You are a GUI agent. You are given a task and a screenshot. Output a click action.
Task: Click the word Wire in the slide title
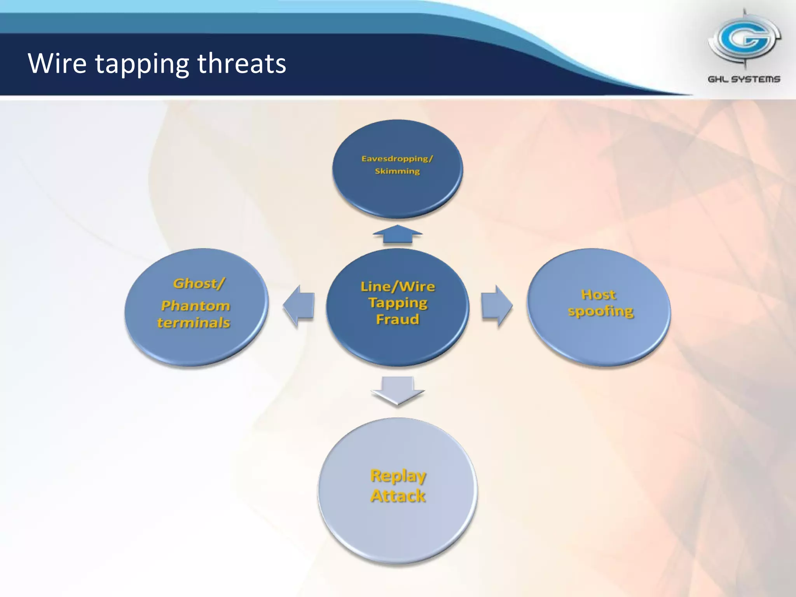[57, 63]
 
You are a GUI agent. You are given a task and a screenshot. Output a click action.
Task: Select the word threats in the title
[242, 63]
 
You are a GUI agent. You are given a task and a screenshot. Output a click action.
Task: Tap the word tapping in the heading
[142, 65]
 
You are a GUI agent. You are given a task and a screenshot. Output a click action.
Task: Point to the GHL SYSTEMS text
[744, 79]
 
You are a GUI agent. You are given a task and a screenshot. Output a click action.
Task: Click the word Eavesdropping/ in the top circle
[397, 159]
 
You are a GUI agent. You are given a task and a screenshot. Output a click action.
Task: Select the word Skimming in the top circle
[397, 171]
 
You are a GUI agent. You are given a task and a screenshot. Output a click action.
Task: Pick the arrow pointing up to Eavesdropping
[397, 234]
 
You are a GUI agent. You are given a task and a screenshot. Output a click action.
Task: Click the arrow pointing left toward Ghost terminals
[298, 307]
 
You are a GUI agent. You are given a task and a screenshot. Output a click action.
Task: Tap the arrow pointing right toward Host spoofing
[497, 307]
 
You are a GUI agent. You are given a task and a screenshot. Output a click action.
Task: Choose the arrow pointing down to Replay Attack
[397, 390]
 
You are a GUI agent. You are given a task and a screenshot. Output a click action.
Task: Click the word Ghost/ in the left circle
[199, 283]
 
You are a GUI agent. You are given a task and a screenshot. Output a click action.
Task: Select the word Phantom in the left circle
[196, 306]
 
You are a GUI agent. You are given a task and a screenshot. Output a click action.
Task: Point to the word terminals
[194, 323]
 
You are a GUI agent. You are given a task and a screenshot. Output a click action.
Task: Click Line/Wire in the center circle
[398, 286]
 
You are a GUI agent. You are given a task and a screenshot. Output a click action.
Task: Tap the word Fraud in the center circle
[398, 319]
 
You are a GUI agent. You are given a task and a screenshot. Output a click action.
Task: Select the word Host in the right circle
[598, 295]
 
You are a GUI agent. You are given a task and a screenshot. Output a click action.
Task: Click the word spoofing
[600, 311]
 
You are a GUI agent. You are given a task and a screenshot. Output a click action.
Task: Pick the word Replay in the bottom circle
[398, 476]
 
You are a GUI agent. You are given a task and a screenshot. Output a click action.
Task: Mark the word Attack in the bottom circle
[398, 496]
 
